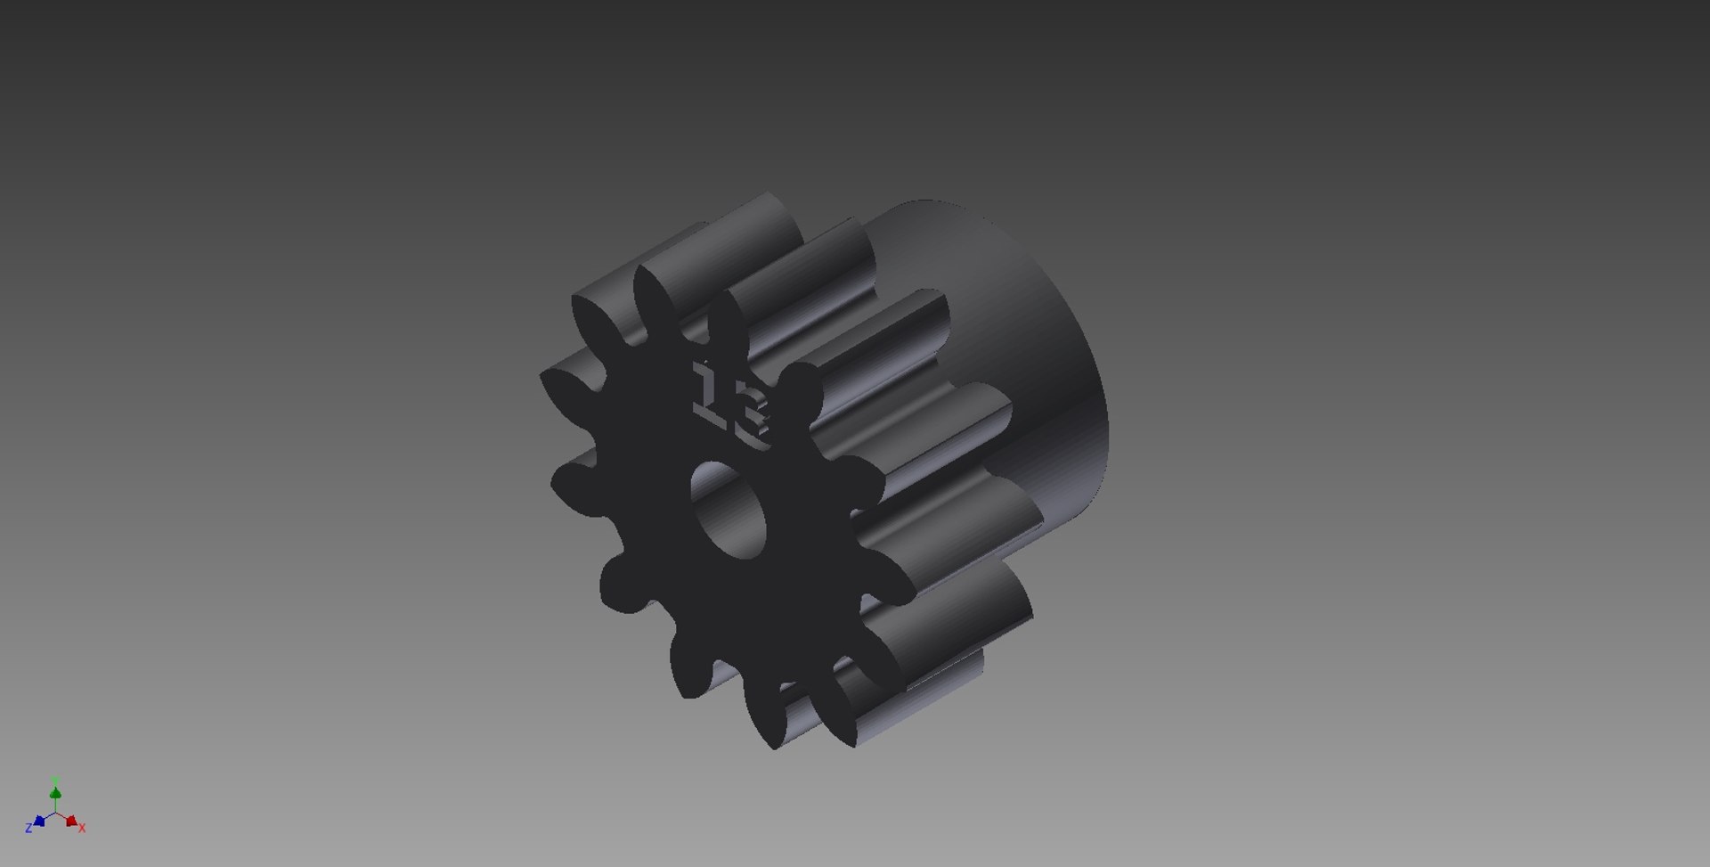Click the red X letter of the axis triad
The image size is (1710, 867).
coord(82,828)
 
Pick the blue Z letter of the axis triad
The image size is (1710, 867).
coord(28,828)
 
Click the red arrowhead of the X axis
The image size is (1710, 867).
coord(71,821)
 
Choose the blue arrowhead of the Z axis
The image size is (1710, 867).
coord(39,821)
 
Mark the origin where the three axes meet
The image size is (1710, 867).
coord(55,813)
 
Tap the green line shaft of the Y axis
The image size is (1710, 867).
coord(55,804)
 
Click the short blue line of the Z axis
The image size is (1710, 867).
coord(47,816)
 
